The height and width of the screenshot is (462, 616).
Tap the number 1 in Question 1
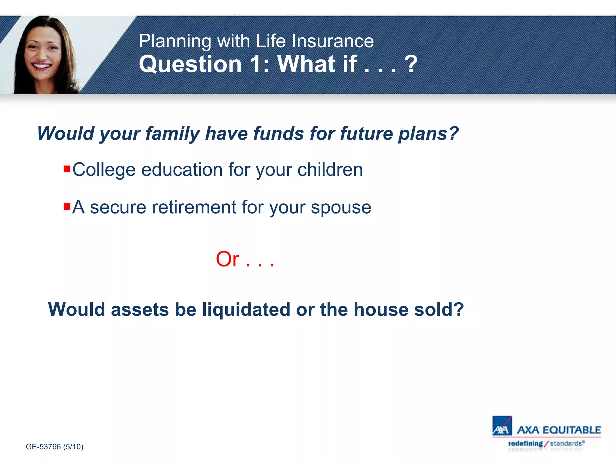tap(256, 64)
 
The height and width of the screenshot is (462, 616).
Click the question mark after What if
tap(411, 64)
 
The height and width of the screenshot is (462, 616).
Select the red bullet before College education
tap(67, 168)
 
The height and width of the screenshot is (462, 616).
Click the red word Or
tap(228, 259)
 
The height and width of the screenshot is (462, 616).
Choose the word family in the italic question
tap(172, 134)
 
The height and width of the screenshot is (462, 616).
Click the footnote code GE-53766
tap(43, 447)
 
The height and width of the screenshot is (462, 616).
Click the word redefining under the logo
tap(525, 443)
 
